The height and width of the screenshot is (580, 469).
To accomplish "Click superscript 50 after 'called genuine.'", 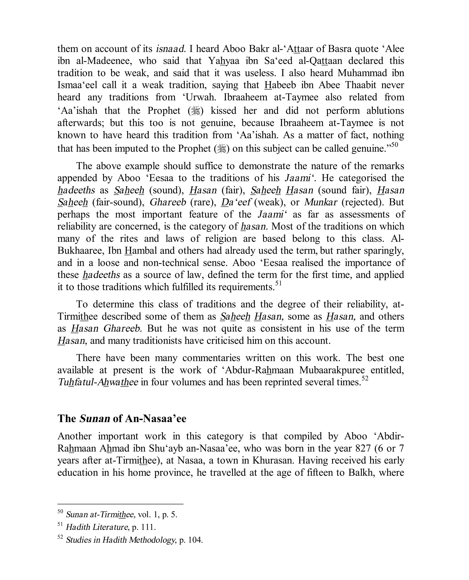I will [395, 145].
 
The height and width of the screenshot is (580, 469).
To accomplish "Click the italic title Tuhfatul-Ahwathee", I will [98, 382].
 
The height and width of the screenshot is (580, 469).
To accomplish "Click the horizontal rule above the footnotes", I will [120, 504].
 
